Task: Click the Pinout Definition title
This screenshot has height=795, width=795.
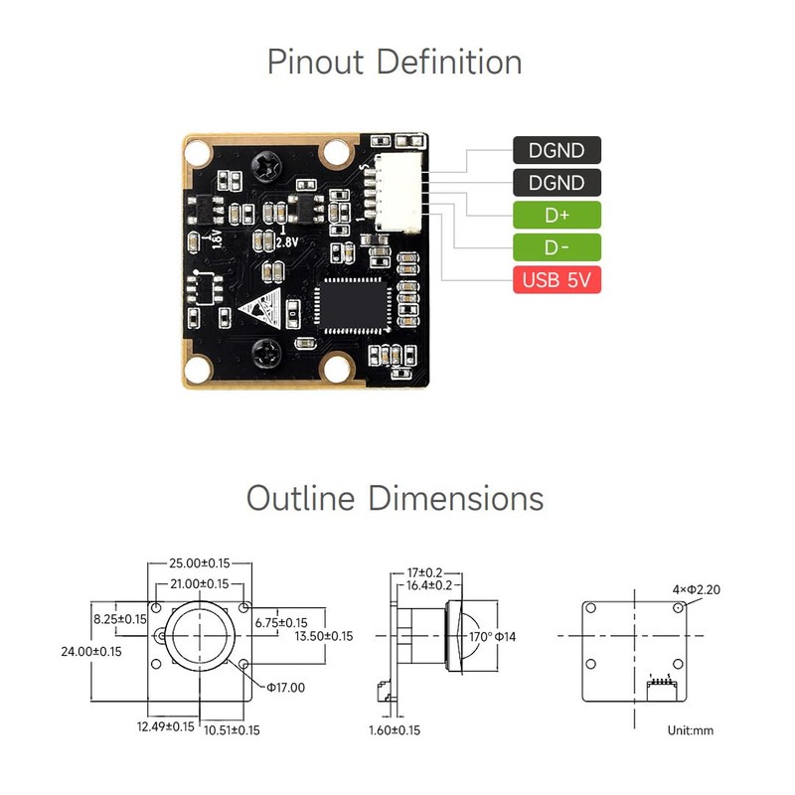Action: click(395, 62)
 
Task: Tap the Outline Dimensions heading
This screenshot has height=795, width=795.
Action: click(395, 497)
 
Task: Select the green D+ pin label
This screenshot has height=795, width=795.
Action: click(557, 215)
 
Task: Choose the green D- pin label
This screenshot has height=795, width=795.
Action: click(557, 247)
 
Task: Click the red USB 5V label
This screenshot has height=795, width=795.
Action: click(557, 280)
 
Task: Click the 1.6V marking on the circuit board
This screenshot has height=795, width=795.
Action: click(216, 238)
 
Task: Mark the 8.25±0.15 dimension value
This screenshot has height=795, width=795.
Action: click(119, 618)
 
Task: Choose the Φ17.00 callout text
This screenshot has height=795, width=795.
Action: click(285, 687)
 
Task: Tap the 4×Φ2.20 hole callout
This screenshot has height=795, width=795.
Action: click(696, 589)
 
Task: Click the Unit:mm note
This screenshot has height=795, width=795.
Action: click(691, 730)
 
